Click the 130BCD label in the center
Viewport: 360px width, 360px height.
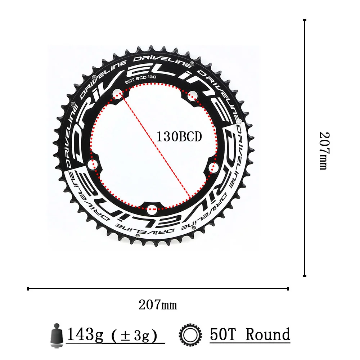pos(179,137)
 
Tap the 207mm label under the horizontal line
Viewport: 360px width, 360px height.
pos(158,305)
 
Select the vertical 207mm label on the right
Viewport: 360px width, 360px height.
pos(324,150)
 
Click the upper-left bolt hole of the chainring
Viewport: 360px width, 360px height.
pos(117,94)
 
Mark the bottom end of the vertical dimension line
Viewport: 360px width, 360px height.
pos(305,276)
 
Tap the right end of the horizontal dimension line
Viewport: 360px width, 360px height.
pos(288,288)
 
